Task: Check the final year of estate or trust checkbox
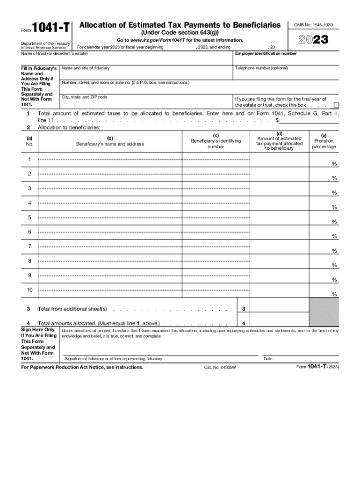point(336,105)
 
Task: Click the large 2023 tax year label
point(310,40)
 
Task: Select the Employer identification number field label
point(266,54)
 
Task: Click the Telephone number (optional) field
point(286,73)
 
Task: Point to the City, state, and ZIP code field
point(147,102)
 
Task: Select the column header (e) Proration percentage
point(324,141)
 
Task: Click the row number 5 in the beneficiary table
point(29,218)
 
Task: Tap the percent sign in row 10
point(334,294)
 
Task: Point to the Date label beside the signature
point(268,359)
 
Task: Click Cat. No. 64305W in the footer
point(220,368)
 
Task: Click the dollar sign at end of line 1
point(277,120)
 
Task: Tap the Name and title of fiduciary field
point(147,73)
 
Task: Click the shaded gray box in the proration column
point(324,312)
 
